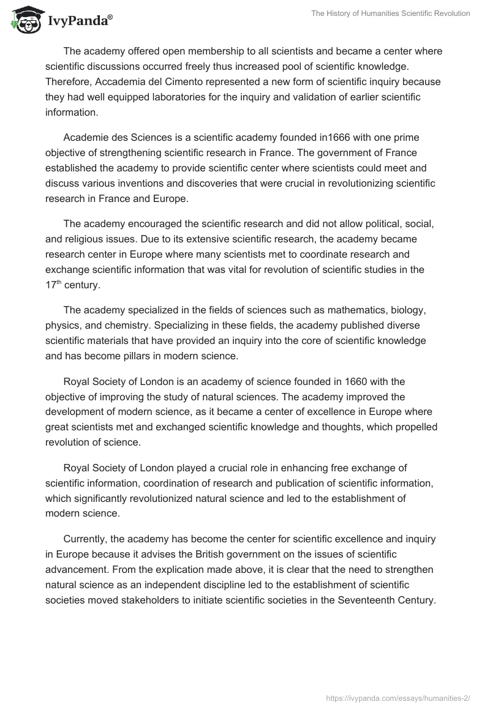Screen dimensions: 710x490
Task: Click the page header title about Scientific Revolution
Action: [x=391, y=13]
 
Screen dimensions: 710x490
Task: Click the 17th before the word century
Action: [x=54, y=285]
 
